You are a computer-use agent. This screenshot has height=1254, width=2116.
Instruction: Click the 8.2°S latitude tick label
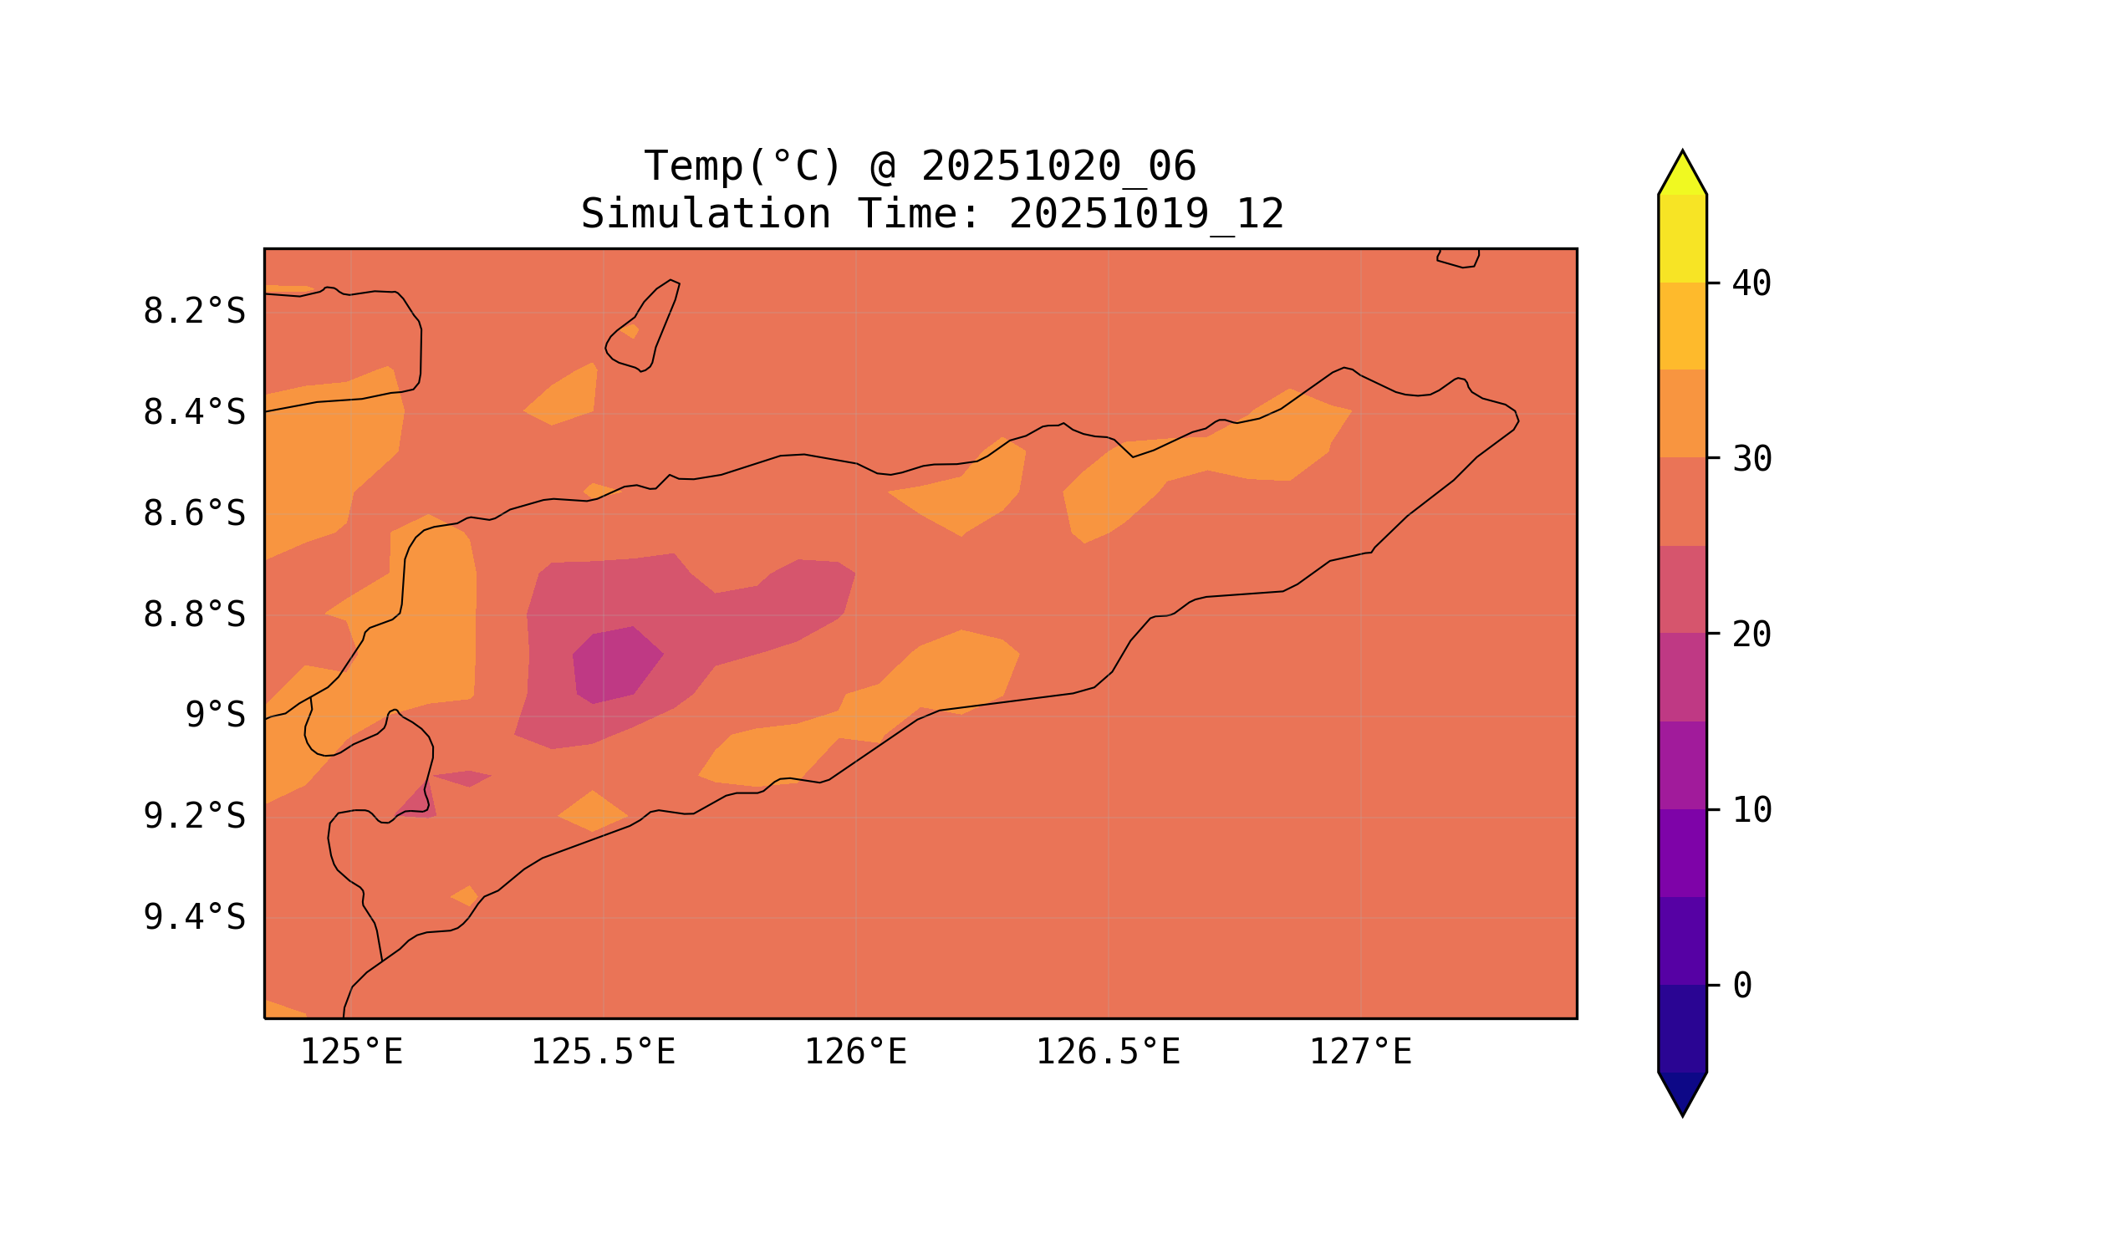[x=193, y=312]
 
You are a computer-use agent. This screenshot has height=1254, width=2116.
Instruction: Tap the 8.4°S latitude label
[x=193, y=413]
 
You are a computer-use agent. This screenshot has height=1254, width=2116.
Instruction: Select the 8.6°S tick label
[x=193, y=514]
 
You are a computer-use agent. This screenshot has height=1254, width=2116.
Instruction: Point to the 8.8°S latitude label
[x=193, y=615]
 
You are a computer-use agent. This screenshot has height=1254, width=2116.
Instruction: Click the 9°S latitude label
[x=215, y=716]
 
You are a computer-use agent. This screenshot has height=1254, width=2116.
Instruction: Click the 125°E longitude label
[x=351, y=1053]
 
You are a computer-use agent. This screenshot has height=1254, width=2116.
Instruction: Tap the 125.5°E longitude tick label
[x=603, y=1053]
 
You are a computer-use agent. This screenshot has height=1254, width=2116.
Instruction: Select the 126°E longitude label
[x=855, y=1053]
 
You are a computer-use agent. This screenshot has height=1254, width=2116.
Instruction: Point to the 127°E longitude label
[x=1359, y=1053]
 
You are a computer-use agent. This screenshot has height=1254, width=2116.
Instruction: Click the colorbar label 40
[x=1751, y=285]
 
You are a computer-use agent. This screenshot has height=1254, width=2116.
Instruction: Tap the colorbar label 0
[x=1742, y=986]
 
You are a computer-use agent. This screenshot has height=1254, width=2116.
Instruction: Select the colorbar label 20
[x=1751, y=635]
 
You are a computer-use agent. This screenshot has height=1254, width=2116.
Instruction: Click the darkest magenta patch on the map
[x=614, y=665]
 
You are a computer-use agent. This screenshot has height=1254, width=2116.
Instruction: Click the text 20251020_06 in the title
[x=1058, y=166]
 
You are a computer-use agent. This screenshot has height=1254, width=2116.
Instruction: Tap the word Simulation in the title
[x=705, y=215]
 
